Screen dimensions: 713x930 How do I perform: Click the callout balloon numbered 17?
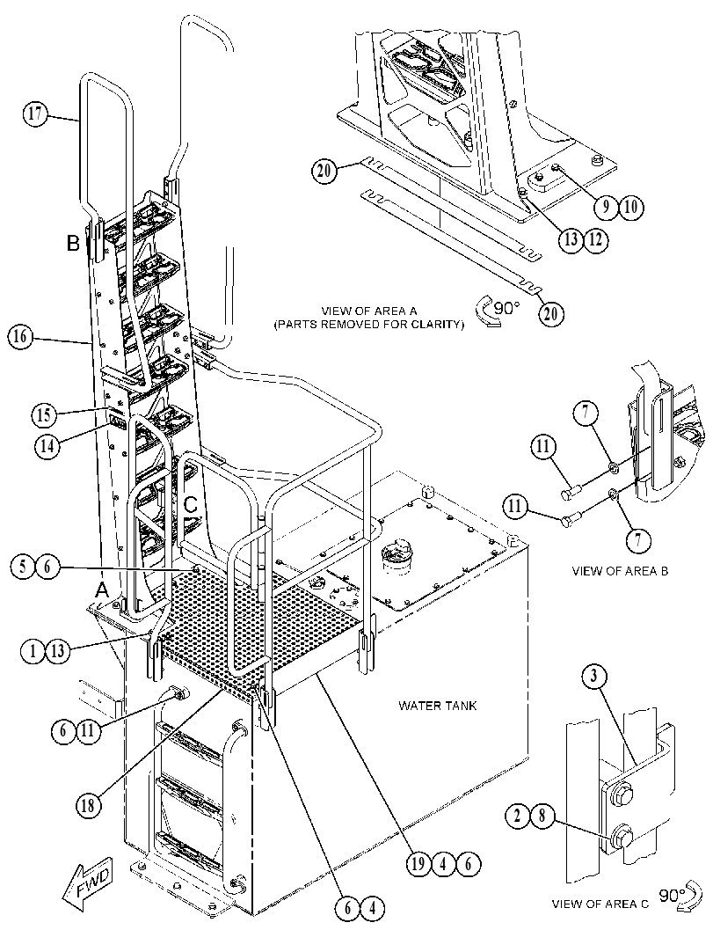[35, 113]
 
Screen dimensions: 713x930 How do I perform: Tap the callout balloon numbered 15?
[43, 414]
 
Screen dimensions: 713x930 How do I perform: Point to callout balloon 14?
[47, 445]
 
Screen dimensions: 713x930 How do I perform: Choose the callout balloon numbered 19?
[418, 864]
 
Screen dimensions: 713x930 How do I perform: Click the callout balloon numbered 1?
[33, 651]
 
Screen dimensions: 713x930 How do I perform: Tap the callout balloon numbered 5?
[23, 567]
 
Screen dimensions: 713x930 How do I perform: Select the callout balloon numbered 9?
[607, 206]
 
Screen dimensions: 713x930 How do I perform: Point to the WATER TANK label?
[438, 706]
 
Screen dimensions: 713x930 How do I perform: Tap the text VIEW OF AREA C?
[600, 904]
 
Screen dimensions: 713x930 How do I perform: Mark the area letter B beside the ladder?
[73, 243]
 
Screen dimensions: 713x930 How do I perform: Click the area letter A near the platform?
[103, 590]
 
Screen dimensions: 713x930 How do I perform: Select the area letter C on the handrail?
[191, 505]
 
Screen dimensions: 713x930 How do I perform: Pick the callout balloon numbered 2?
[518, 816]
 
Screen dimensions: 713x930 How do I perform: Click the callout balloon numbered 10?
[631, 206]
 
